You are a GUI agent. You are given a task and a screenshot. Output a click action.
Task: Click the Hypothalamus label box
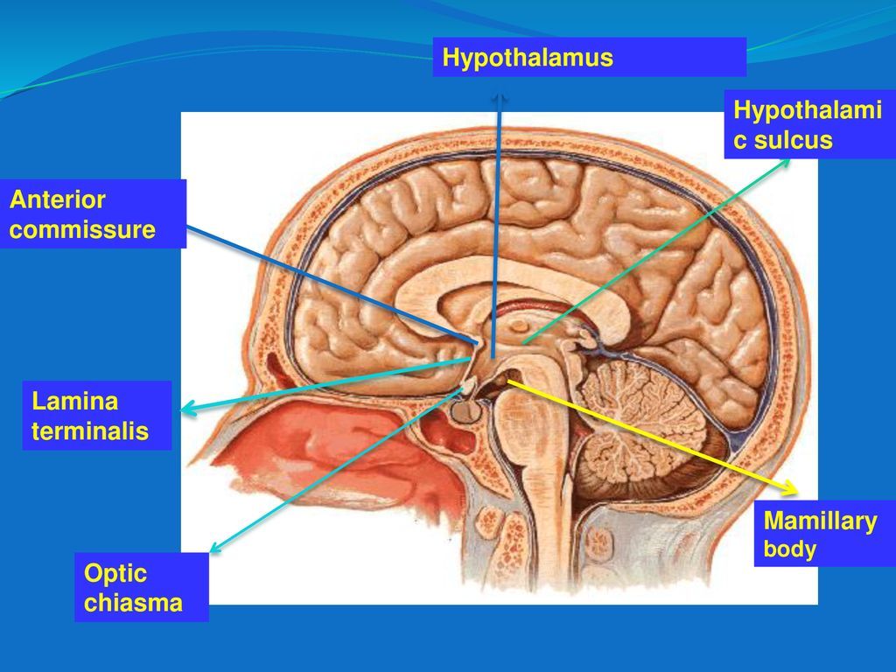point(589,58)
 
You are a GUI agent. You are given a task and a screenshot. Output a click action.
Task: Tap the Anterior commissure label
point(93,214)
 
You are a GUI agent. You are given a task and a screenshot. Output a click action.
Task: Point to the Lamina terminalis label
point(100,416)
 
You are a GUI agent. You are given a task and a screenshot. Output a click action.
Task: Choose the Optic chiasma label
point(141,588)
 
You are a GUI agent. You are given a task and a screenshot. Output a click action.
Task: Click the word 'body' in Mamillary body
point(789,549)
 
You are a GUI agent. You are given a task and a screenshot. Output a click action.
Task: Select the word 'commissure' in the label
point(82,230)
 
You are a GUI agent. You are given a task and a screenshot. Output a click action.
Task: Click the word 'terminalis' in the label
point(90,431)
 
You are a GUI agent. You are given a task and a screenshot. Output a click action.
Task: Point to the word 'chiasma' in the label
point(133,603)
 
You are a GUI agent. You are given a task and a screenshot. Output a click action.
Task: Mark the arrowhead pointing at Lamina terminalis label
point(185,408)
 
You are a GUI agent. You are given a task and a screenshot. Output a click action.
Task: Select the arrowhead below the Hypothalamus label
point(499,98)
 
